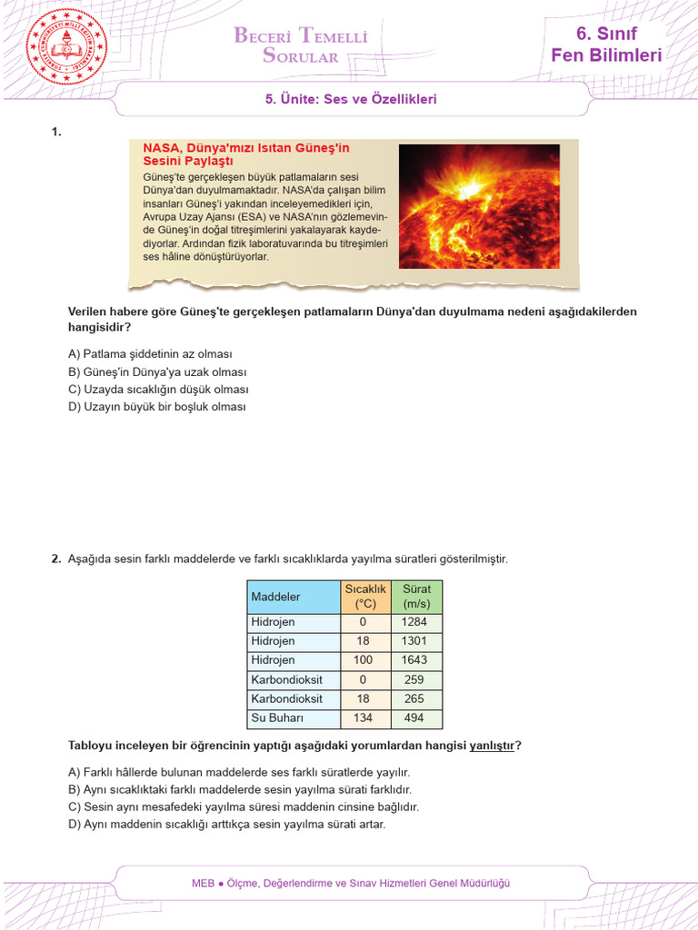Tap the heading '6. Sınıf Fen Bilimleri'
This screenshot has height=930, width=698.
click(x=606, y=45)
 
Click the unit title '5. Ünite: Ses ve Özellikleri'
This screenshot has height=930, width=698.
click(x=351, y=99)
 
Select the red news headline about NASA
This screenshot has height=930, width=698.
click(x=246, y=153)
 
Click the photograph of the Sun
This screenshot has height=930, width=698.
click(x=479, y=205)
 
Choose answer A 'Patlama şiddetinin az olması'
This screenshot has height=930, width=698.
click(x=150, y=354)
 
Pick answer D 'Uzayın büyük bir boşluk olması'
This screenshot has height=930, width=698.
click(x=157, y=407)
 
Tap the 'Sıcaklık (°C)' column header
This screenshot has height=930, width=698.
click(x=365, y=596)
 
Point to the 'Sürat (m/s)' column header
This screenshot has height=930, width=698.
click(x=416, y=596)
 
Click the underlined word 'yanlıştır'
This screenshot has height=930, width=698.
click(x=492, y=746)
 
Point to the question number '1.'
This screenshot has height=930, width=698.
click(x=56, y=133)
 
